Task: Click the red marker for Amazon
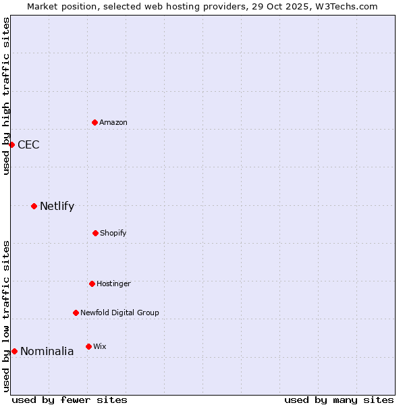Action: pyautogui.click(x=94, y=122)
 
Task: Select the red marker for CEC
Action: pyautogui.click(x=11, y=144)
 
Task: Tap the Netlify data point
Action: pyautogui.click(x=34, y=206)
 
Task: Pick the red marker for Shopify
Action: pyautogui.click(x=95, y=233)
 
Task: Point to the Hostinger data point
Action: pyautogui.click(x=92, y=283)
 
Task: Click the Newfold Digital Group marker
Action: pyautogui.click(x=76, y=313)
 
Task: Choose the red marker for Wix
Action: pyautogui.click(x=88, y=346)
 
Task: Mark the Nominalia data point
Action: pyautogui.click(x=14, y=351)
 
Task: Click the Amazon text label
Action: pyautogui.click(x=113, y=123)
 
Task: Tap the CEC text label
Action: pyautogui.click(x=28, y=144)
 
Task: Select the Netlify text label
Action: pyautogui.click(x=57, y=207)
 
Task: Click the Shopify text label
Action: pyautogui.click(x=113, y=234)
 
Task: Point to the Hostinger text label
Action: pyautogui.click(x=113, y=284)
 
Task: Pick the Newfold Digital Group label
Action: pyautogui.click(x=119, y=313)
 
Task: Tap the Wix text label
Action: pyautogui.click(x=100, y=347)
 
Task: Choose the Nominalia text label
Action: pyautogui.click(x=47, y=352)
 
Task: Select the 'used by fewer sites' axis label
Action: pyautogui.click(x=70, y=400)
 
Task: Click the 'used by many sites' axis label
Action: pyautogui.click(x=339, y=400)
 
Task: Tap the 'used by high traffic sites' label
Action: pyautogui.click(x=6, y=97)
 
